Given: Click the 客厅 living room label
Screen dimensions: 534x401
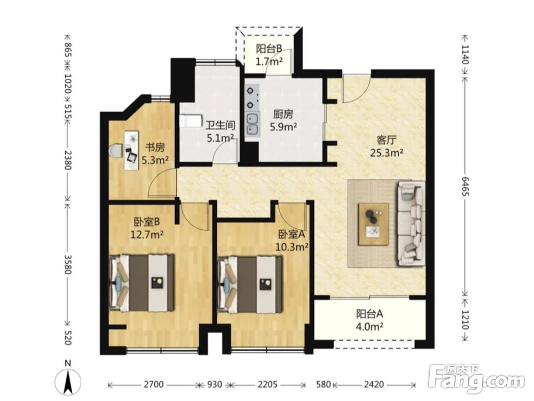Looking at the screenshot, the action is click(x=387, y=140).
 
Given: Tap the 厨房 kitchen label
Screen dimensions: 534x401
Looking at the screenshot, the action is click(x=283, y=114).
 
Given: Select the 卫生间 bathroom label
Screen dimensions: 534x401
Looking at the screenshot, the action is click(x=221, y=125).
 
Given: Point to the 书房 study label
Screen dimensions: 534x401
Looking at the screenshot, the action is click(x=155, y=148).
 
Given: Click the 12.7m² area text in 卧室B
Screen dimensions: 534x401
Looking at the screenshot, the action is click(x=147, y=235).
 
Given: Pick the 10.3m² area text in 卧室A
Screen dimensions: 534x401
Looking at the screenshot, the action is click(x=292, y=246).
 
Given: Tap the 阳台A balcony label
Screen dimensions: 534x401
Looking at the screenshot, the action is click(x=370, y=314).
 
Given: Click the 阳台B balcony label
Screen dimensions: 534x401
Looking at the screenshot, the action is click(x=269, y=49).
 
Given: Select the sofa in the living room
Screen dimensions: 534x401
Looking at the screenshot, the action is click(x=411, y=223).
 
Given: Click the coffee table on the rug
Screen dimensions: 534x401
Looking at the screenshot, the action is click(x=374, y=224).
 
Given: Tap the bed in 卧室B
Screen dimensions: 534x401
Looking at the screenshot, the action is click(x=142, y=283).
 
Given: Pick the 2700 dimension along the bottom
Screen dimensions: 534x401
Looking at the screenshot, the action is click(x=153, y=384).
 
